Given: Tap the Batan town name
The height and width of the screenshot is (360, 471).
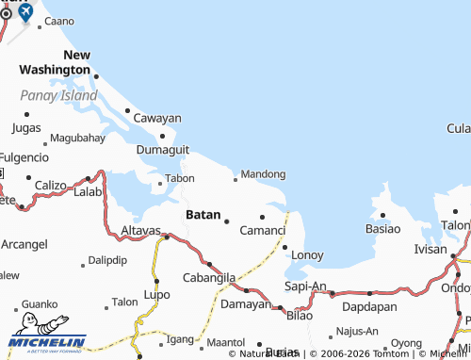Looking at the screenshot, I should [x=203, y=215].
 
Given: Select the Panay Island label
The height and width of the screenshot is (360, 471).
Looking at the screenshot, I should [x=58, y=95].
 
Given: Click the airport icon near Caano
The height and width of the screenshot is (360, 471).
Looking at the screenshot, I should [x=24, y=12].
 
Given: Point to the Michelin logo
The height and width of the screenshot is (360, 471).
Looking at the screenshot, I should [x=47, y=342].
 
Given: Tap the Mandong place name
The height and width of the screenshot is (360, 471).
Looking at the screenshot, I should [x=264, y=174].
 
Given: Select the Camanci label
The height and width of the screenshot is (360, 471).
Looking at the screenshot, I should [x=263, y=230].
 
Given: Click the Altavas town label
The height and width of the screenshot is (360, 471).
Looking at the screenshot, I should [x=141, y=230].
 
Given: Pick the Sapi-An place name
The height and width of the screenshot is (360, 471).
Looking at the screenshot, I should [x=305, y=286].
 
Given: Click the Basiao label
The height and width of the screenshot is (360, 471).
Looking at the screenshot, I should [x=382, y=228].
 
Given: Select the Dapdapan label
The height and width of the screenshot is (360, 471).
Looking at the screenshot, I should [x=367, y=306].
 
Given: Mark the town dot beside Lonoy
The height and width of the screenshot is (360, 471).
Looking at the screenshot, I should [x=284, y=247].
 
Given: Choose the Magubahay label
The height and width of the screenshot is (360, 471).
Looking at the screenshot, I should [x=77, y=138].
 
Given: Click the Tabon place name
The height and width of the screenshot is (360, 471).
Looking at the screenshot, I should [x=180, y=177].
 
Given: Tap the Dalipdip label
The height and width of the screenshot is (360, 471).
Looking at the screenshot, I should [x=106, y=259].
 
